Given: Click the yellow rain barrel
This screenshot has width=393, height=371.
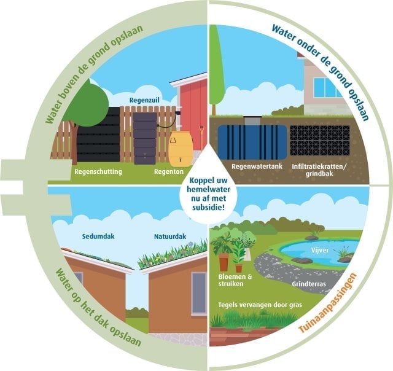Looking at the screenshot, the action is (x=181, y=149).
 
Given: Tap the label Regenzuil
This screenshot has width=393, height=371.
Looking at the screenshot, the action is (x=144, y=100).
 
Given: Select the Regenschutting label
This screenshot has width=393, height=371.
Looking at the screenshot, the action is (x=98, y=172).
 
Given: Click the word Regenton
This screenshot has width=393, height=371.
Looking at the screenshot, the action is (x=169, y=172).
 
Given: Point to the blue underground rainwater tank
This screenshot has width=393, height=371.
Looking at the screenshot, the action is (x=252, y=142).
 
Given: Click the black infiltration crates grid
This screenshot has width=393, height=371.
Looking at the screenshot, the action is (x=319, y=141).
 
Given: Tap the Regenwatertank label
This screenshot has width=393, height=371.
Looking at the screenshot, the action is (x=257, y=166).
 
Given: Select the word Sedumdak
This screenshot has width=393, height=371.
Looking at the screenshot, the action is (x=98, y=236).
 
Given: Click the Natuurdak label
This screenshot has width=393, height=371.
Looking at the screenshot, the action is (x=170, y=236).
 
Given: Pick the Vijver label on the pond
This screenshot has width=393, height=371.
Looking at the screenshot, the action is (x=320, y=250).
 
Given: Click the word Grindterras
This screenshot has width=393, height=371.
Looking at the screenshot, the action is (x=309, y=284).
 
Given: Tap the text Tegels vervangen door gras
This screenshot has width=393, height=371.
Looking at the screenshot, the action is (x=260, y=305).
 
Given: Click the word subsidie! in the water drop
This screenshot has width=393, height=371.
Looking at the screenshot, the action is (x=208, y=208).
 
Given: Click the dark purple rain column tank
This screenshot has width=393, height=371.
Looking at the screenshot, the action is (x=145, y=138).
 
